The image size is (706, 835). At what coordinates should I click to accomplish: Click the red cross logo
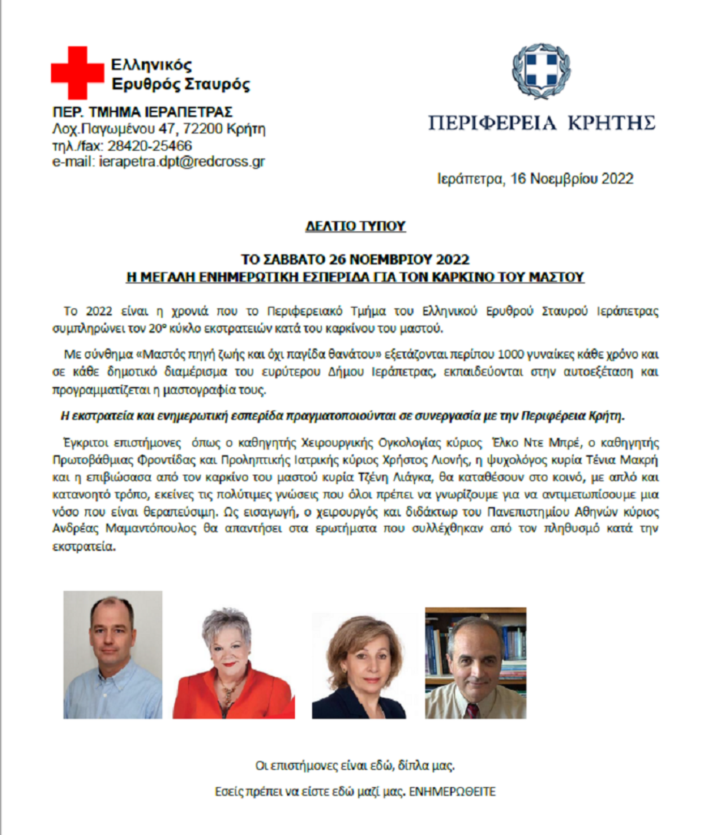click(x=76, y=72)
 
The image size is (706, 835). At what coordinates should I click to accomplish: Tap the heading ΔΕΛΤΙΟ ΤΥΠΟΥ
click(x=355, y=226)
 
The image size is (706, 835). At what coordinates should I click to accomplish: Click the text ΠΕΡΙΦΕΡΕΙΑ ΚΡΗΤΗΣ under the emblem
click(x=541, y=123)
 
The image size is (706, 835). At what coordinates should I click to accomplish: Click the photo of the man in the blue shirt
click(x=112, y=654)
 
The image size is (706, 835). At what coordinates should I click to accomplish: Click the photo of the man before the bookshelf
click(x=475, y=663)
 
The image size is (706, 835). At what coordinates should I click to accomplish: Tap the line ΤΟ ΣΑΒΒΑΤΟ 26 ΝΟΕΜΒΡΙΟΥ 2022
click(x=355, y=260)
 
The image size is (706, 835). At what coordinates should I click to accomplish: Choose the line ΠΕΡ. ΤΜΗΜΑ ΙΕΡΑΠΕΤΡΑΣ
click(x=142, y=112)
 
